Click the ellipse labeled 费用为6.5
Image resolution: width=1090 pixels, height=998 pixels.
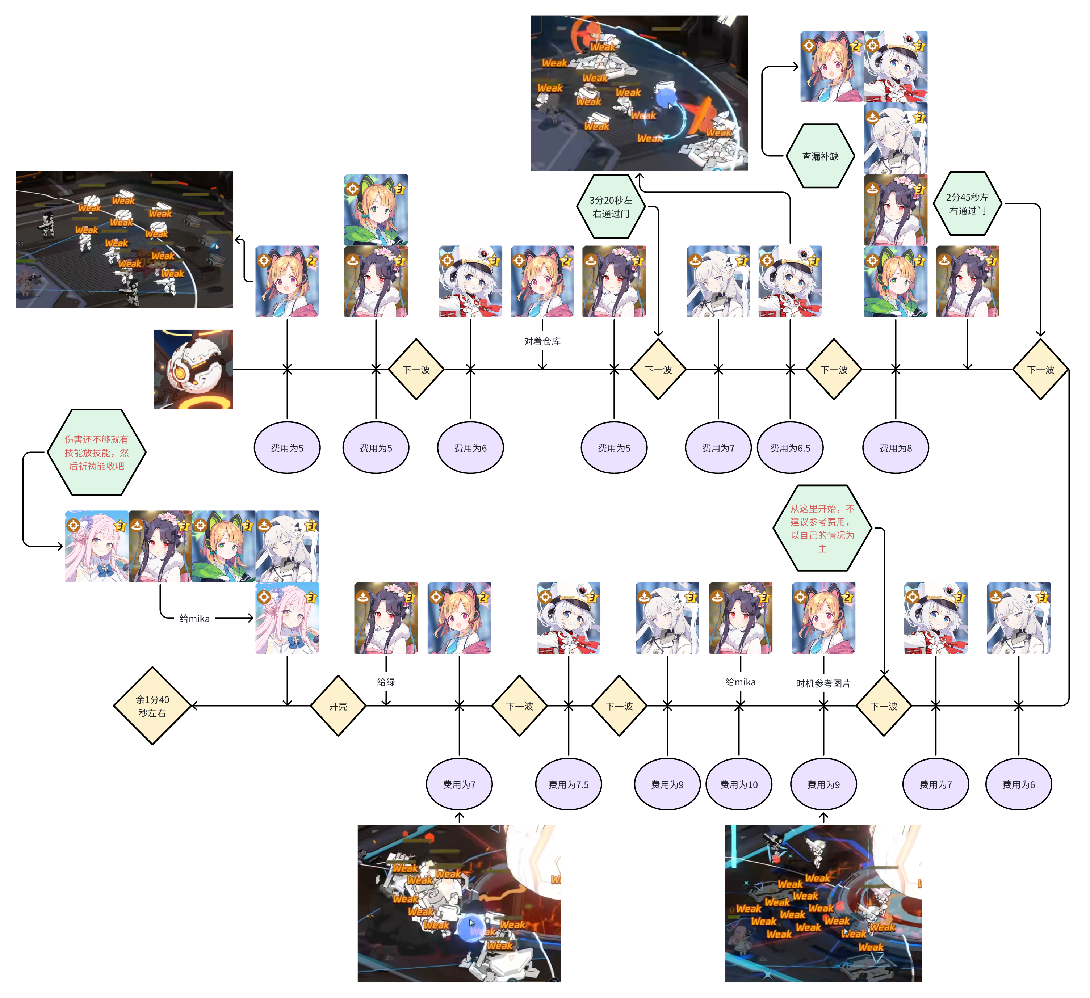790,448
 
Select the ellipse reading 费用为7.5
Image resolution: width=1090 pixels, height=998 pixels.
568,784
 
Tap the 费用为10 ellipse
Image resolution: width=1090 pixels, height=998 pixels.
739,784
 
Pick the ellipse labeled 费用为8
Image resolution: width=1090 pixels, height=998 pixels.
895,448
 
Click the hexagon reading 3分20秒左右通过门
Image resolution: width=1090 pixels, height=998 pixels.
611,206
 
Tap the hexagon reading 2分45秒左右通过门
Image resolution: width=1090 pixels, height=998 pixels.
967,204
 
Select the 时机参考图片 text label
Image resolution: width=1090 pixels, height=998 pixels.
823,683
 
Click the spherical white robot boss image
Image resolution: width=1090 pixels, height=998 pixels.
193,370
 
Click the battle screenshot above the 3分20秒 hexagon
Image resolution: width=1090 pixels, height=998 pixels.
639,93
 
